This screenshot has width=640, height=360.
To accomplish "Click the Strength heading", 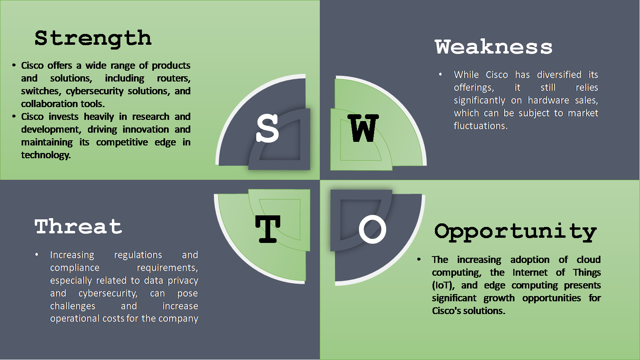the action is click(93, 39).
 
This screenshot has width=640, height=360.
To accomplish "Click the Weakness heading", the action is click(493, 47).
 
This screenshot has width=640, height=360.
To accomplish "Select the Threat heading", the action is click(78, 227).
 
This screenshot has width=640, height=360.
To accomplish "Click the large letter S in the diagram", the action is click(267, 128).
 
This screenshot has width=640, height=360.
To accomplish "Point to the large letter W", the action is click(363, 128).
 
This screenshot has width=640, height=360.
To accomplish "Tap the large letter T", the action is click(268, 229).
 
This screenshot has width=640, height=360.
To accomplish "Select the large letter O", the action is click(372, 229).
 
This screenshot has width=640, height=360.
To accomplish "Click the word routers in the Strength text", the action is click(174, 78).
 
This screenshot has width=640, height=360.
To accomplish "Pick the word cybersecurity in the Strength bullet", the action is click(95, 91).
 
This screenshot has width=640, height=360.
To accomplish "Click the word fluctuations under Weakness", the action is click(480, 126).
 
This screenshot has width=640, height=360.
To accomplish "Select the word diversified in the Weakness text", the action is click(559, 74).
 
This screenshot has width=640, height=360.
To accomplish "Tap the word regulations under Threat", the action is click(138, 255).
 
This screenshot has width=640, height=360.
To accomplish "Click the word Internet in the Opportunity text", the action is click(530, 272).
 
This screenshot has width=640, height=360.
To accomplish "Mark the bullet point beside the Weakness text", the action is click(440, 74).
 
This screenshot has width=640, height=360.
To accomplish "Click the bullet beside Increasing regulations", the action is click(36, 255).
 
